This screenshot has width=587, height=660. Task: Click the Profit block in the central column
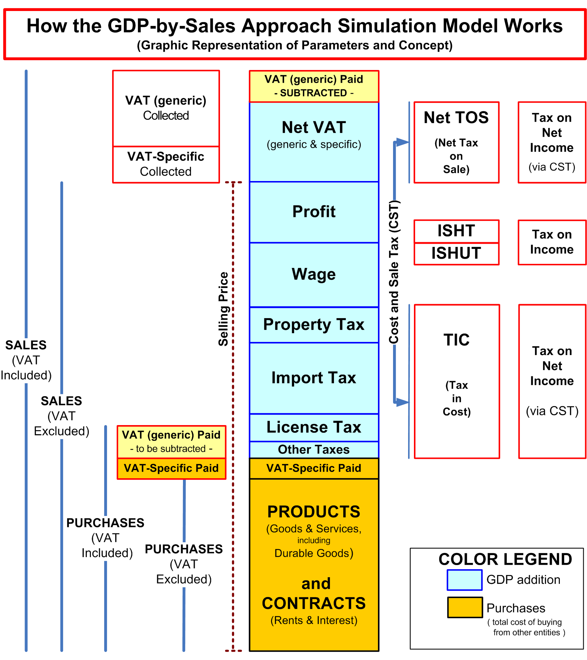(x=314, y=212)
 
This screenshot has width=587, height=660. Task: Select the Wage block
(x=314, y=274)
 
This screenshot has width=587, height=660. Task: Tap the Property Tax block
(x=314, y=325)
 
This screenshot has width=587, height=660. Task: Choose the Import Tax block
(x=314, y=378)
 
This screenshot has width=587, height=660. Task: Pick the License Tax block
(x=314, y=427)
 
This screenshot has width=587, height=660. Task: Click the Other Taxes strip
(x=314, y=450)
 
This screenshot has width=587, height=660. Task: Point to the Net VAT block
(x=314, y=141)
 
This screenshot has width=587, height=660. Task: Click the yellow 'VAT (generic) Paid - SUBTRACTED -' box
(x=314, y=86)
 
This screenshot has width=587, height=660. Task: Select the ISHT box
(x=456, y=231)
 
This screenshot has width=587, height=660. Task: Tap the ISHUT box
(x=456, y=253)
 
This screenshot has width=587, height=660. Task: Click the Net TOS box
(x=456, y=142)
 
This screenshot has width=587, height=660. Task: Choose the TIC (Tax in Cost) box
(x=456, y=381)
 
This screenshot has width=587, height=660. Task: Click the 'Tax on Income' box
(x=552, y=242)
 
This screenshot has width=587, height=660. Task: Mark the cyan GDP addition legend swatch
(x=464, y=580)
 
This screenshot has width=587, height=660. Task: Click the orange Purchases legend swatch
(x=465, y=607)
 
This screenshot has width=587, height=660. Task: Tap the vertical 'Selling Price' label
(x=223, y=309)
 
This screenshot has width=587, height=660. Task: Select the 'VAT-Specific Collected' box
(x=166, y=164)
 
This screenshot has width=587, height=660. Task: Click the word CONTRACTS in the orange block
(x=314, y=603)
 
